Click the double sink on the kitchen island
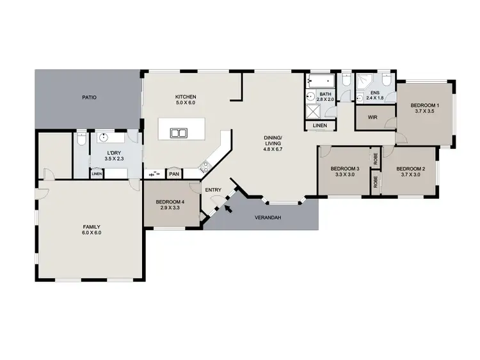tap(178, 133)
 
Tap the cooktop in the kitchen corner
tap(204, 168)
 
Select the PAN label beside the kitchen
tap(173, 173)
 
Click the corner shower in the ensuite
tap(367, 81)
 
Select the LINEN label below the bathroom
tap(319, 126)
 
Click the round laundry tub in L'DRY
tap(103, 137)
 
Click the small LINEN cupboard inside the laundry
tap(97, 173)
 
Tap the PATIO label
tap(89, 98)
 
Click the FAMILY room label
tap(91, 226)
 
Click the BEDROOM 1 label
tap(424, 105)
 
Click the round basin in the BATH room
tap(312, 98)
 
